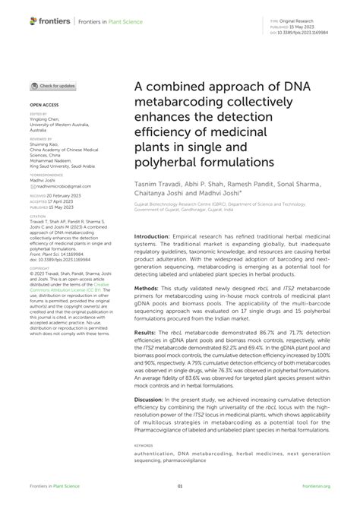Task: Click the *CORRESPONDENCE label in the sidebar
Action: (45, 173)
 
